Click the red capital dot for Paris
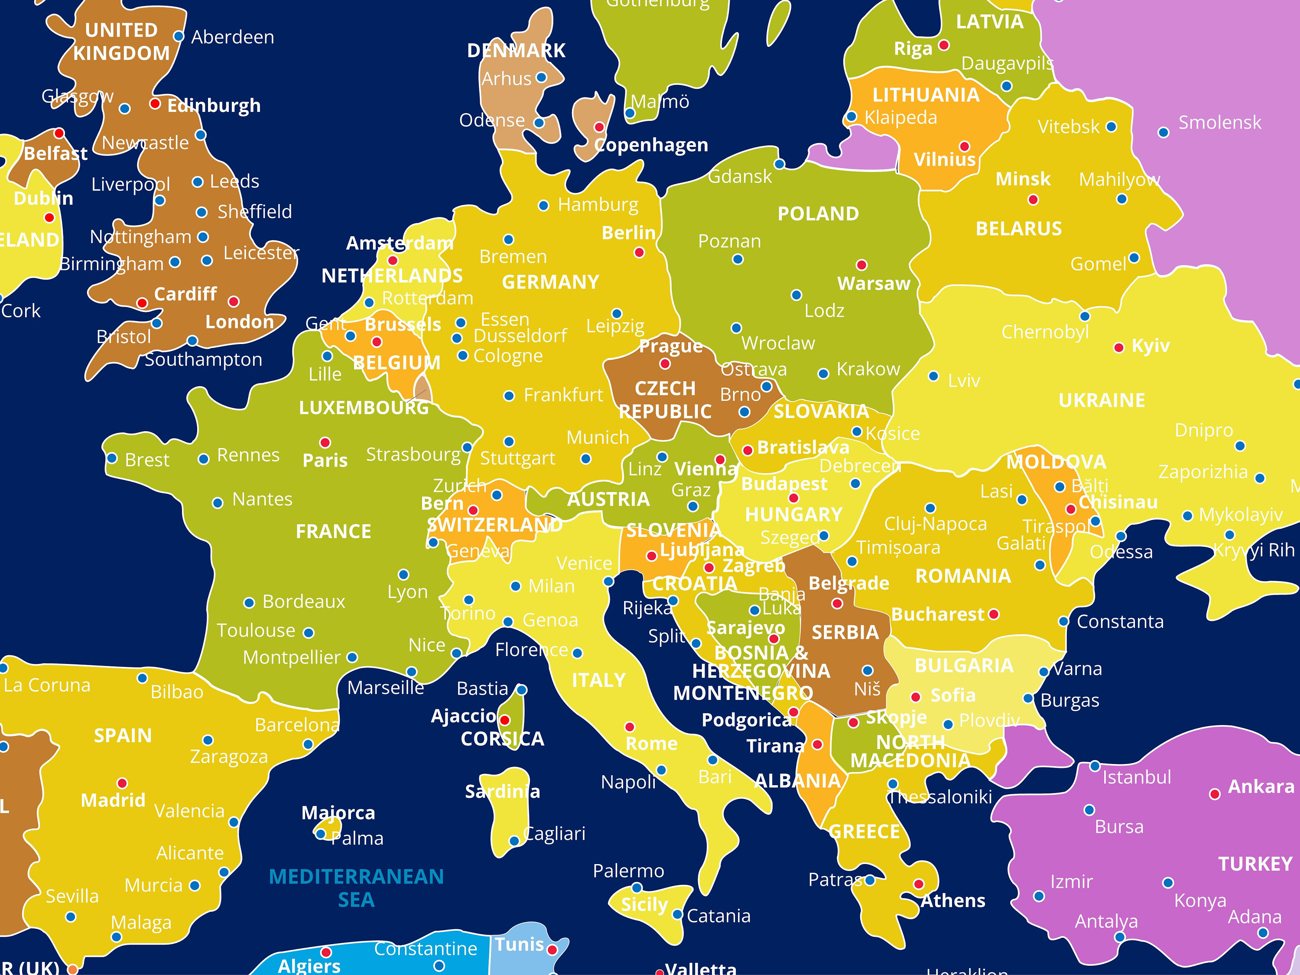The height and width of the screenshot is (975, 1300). pos(325,442)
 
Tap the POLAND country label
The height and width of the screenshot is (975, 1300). pos(818,214)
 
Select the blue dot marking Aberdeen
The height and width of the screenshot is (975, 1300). pos(179,36)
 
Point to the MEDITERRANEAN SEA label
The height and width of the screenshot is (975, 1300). pos(356,888)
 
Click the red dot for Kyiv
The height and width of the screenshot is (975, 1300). pos(1119,348)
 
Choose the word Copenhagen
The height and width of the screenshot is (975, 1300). pos(651,145)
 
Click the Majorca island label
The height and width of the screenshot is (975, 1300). pos(338,813)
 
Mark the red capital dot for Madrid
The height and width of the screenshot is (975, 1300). pos(122,783)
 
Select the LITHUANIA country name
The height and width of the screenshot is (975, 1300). pos(926,95)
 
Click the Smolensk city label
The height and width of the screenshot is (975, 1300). pos(1219,123)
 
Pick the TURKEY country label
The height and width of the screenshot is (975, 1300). pos(1255,864)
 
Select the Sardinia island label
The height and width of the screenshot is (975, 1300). pos(503,792)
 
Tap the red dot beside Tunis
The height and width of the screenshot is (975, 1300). pos(552,950)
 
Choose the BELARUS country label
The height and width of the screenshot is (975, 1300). pos(1018,229)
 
